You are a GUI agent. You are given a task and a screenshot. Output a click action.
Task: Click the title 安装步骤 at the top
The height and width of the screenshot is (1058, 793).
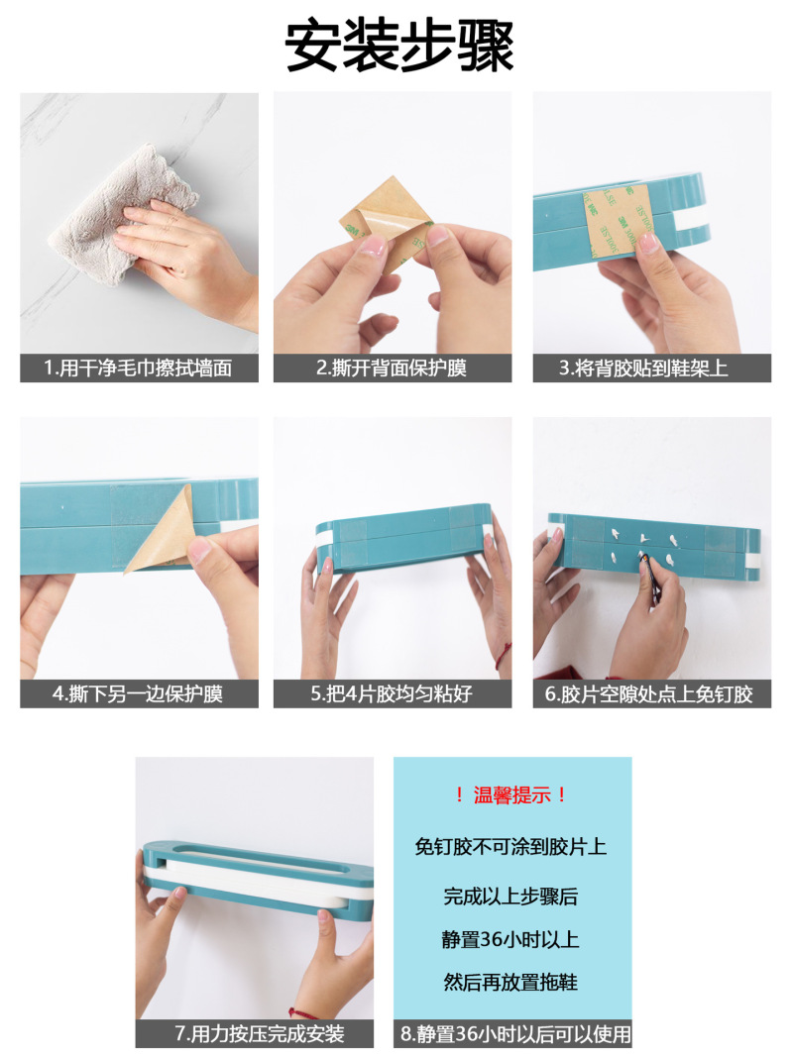[398, 46]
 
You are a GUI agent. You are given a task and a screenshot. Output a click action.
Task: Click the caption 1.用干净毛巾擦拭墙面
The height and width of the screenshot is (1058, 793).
[139, 368]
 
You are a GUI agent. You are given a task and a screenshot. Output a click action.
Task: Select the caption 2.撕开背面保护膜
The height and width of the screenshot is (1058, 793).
[392, 368]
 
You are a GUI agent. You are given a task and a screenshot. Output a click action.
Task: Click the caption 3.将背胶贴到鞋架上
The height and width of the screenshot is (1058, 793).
[643, 368]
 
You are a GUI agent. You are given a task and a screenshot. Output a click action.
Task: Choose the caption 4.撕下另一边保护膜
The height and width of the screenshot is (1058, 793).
[138, 693]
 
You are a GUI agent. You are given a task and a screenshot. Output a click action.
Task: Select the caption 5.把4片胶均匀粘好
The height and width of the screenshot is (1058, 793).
[392, 693]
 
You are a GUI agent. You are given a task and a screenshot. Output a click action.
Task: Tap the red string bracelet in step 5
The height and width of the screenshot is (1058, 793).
[504, 656]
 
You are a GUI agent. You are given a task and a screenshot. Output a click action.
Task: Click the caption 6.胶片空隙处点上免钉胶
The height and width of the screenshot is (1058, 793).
[649, 693]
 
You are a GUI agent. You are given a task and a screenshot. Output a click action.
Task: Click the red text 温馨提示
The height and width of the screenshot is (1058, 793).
[511, 794]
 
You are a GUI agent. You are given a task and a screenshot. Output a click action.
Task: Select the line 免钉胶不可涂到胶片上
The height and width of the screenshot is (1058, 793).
[510, 846]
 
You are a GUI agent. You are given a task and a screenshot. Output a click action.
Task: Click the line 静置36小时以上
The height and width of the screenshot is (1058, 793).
[510, 939]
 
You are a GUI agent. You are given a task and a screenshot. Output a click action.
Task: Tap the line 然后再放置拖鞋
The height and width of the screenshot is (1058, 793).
[510, 982]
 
